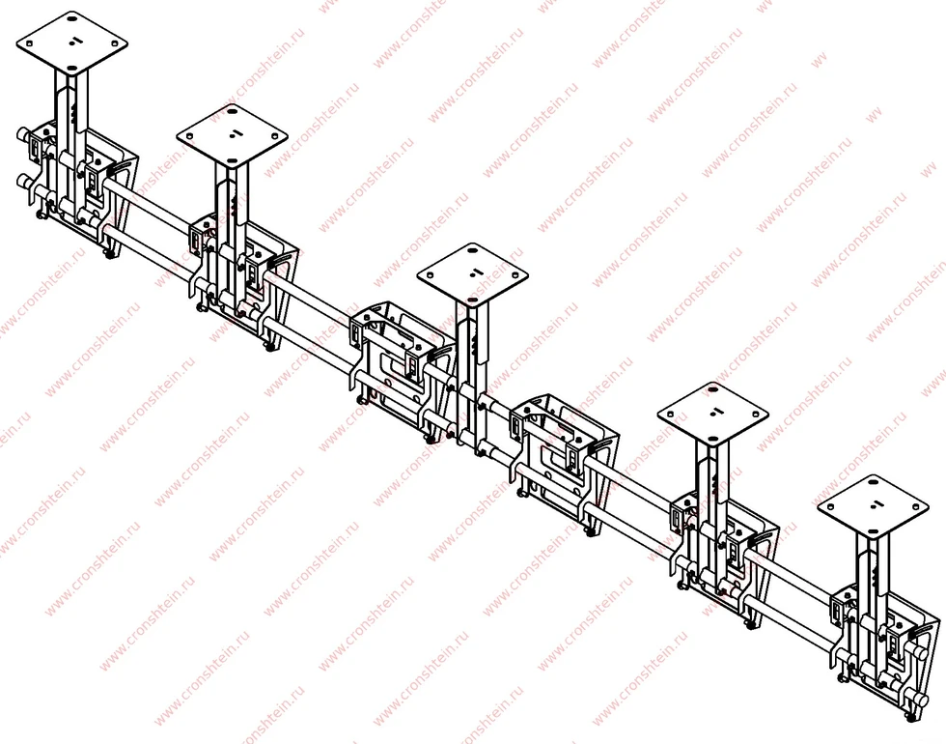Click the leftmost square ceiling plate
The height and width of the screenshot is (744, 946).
click(71, 43)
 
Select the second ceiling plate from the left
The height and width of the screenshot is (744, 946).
click(233, 135)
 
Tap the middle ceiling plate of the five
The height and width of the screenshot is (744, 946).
click(472, 274)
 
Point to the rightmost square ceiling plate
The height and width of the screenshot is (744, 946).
click(873, 506)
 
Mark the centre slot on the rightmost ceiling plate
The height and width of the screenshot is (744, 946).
click(876, 504)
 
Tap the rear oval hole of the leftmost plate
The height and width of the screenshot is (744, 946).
click(73, 19)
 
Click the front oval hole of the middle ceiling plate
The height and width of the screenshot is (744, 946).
click(471, 299)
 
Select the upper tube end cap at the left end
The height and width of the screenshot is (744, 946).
click(22, 134)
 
